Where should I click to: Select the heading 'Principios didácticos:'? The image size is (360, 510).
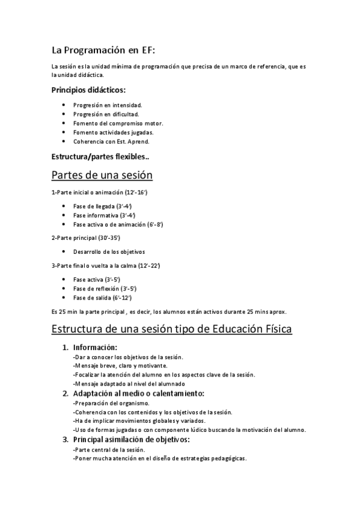click(x=89, y=90)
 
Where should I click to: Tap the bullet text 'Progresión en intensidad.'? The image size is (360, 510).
click(x=108, y=105)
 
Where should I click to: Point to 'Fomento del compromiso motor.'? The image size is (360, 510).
click(x=118, y=123)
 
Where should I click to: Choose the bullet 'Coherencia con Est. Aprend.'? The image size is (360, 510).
click(x=111, y=141)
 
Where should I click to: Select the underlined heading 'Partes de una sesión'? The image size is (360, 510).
click(x=102, y=175)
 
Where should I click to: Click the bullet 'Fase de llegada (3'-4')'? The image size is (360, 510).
click(x=103, y=206)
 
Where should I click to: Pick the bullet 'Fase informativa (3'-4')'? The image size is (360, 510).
click(x=104, y=215)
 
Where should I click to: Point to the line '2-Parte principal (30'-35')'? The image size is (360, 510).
click(x=89, y=238)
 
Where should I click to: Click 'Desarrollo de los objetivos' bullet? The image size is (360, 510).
click(x=109, y=252)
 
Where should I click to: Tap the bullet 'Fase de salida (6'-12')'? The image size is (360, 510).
click(x=102, y=298)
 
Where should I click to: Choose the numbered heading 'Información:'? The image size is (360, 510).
click(x=95, y=348)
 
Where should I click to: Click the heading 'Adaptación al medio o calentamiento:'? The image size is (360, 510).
click(x=139, y=394)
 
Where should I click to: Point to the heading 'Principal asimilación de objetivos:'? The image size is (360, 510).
click(x=132, y=440)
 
